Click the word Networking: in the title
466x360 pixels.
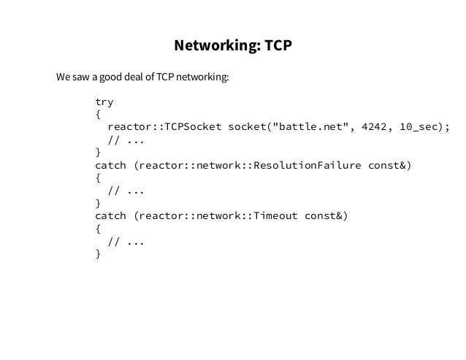(216, 47)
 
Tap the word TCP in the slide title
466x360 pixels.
(278, 47)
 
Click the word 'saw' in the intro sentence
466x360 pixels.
(80, 77)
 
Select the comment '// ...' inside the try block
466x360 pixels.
(126, 139)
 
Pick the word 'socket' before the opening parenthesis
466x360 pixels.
(248, 126)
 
